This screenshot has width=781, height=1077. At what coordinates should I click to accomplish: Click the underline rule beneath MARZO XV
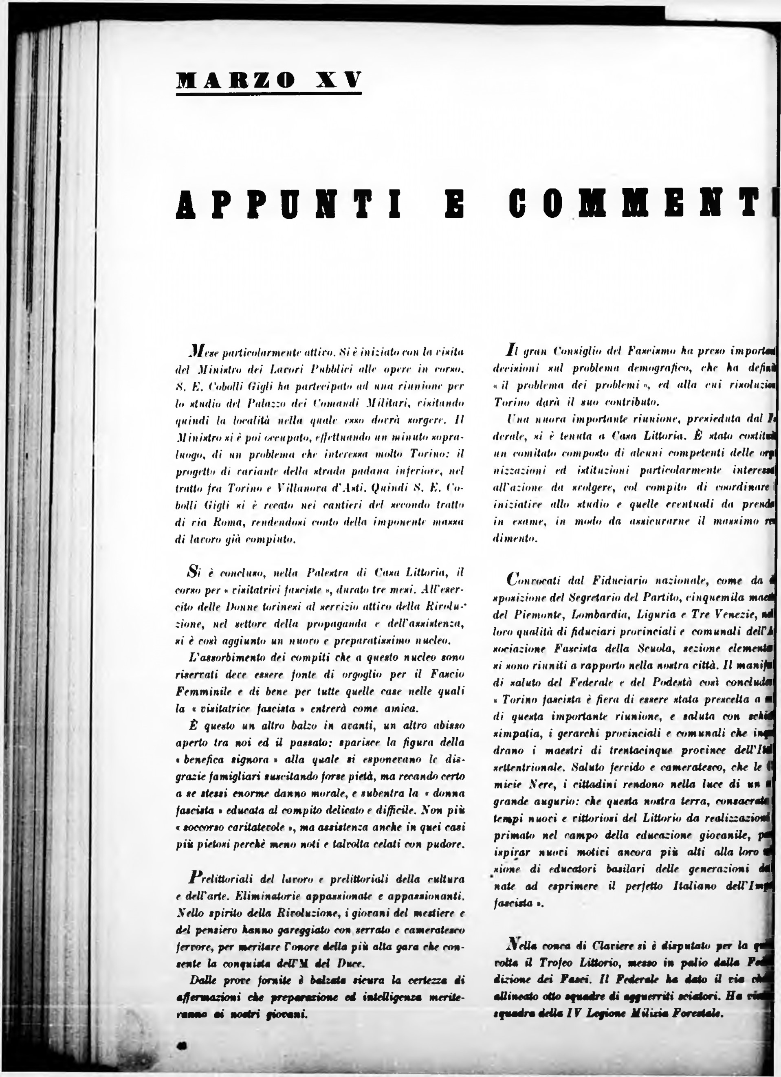click(x=269, y=94)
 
